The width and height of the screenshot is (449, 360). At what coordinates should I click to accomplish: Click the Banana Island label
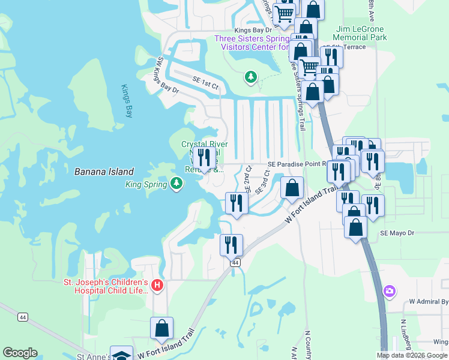(104, 172)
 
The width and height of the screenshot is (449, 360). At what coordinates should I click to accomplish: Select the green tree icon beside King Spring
(176, 183)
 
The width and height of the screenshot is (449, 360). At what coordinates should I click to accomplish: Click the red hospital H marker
(157, 286)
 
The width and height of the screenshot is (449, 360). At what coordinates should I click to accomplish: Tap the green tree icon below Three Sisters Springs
(250, 77)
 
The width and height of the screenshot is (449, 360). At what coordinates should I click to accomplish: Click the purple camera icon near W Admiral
(390, 291)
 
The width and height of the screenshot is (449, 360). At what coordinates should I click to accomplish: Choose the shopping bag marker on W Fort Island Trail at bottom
(161, 328)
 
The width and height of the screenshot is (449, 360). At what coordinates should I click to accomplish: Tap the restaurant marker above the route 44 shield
(231, 245)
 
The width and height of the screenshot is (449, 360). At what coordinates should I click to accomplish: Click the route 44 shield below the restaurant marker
(235, 263)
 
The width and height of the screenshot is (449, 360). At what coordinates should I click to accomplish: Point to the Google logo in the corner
(20, 353)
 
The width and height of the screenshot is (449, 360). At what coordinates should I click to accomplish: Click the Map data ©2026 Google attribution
(412, 355)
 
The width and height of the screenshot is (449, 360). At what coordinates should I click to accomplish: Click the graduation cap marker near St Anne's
(121, 355)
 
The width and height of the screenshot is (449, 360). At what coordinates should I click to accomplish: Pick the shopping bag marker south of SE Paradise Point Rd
(292, 188)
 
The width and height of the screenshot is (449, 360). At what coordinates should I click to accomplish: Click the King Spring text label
(146, 185)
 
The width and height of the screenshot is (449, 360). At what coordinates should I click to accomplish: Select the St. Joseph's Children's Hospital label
(106, 286)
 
